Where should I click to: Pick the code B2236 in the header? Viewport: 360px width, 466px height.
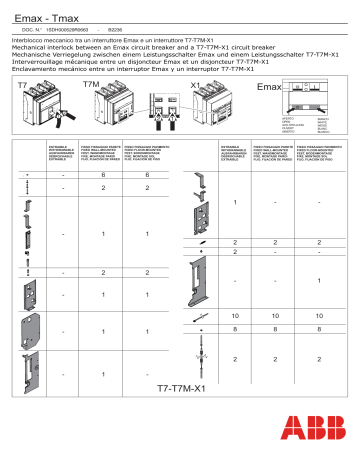[x=116, y=23]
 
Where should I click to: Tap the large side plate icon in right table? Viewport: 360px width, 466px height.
[x=203, y=279]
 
